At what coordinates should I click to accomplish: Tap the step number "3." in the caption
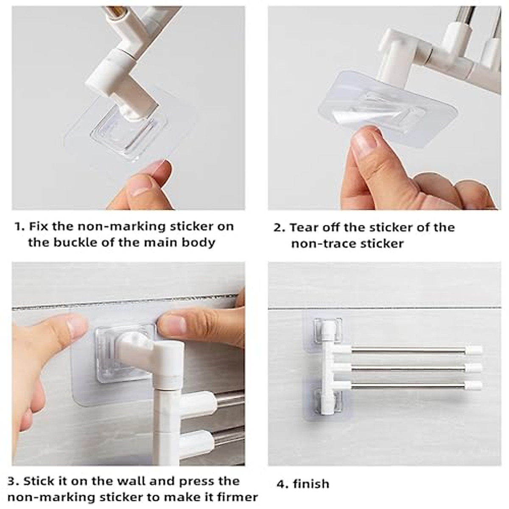point(14,481)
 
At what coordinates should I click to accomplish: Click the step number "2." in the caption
point(279,228)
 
